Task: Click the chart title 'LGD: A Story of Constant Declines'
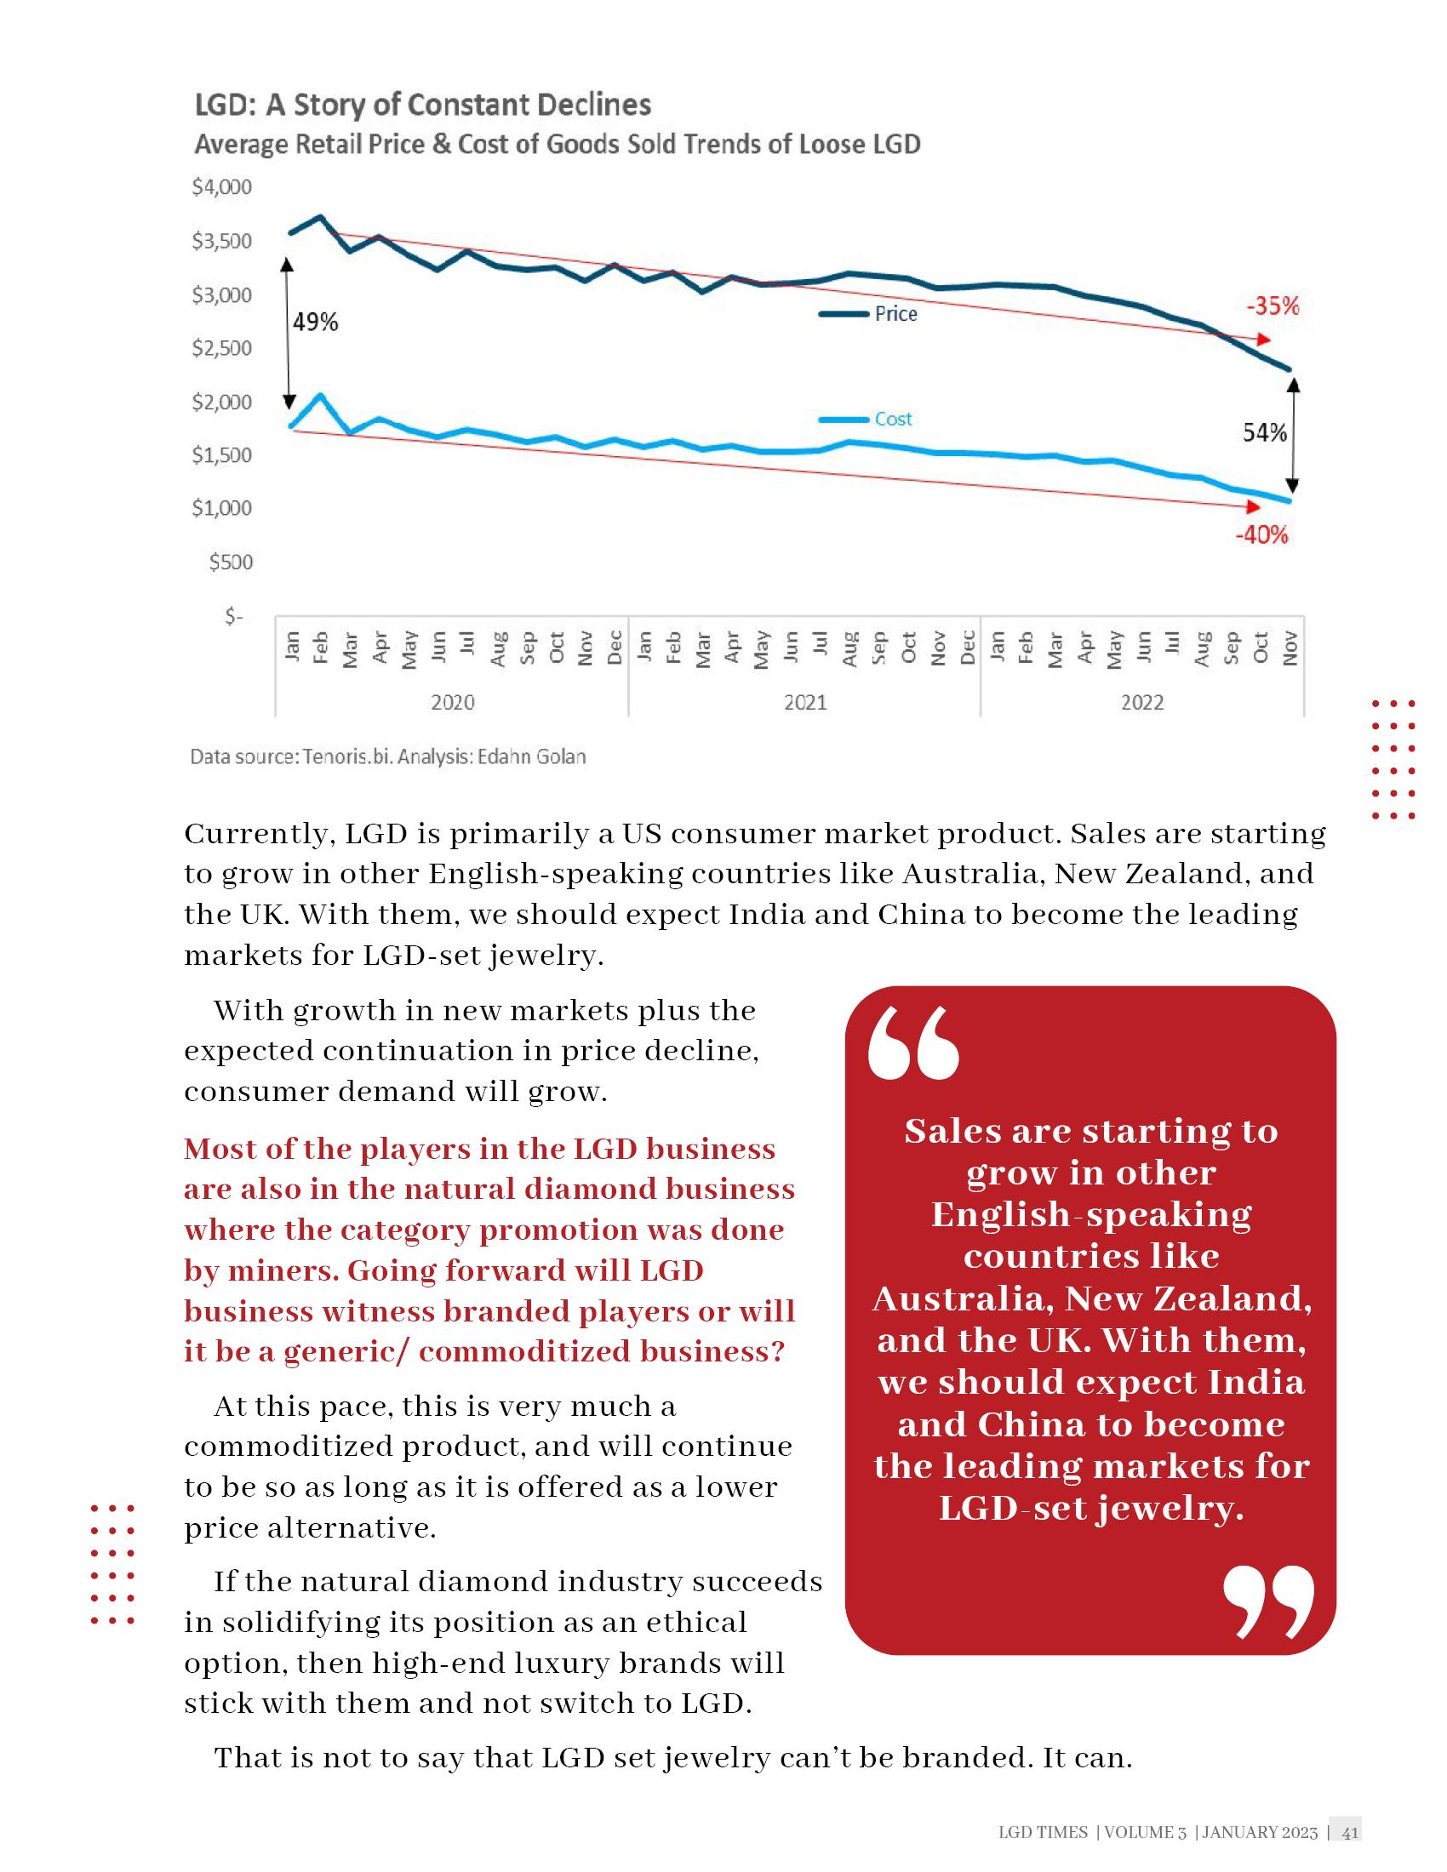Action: pyautogui.click(x=423, y=105)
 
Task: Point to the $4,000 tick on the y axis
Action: pyautogui.click(x=222, y=187)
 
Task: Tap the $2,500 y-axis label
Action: pyautogui.click(x=222, y=348)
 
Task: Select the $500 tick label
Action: pyautogui.click(x=231, y=562)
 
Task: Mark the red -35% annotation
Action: pyautogui.click(x=1273, y=306)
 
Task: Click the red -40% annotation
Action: pyautogui.click(x=1261, y=536)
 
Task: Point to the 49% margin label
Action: pyautogui.click(x=316, y=322)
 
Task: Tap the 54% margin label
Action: pyautogui.click(x=1264, y=433)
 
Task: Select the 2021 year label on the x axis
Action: pyautogui.click(x=805, y=703)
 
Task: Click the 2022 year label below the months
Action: pyautogui.click(x=1141, y=703)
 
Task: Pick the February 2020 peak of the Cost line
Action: pyautogui.click(x=321, y=395)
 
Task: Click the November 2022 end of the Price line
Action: pyautogui.click(x=1289, y=369)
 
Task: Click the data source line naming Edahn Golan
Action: pyautogui.click(x=387, y=756)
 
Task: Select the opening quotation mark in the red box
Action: pyautogui.click(x=913, y=1043)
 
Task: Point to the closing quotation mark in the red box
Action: pyautogui.click(x=1268, y=1602)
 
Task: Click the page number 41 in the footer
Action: pyautogui.click(x=1350, y=1833)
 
